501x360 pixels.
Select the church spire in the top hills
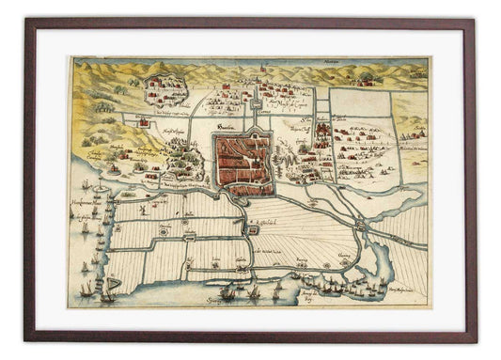[255, 83]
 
